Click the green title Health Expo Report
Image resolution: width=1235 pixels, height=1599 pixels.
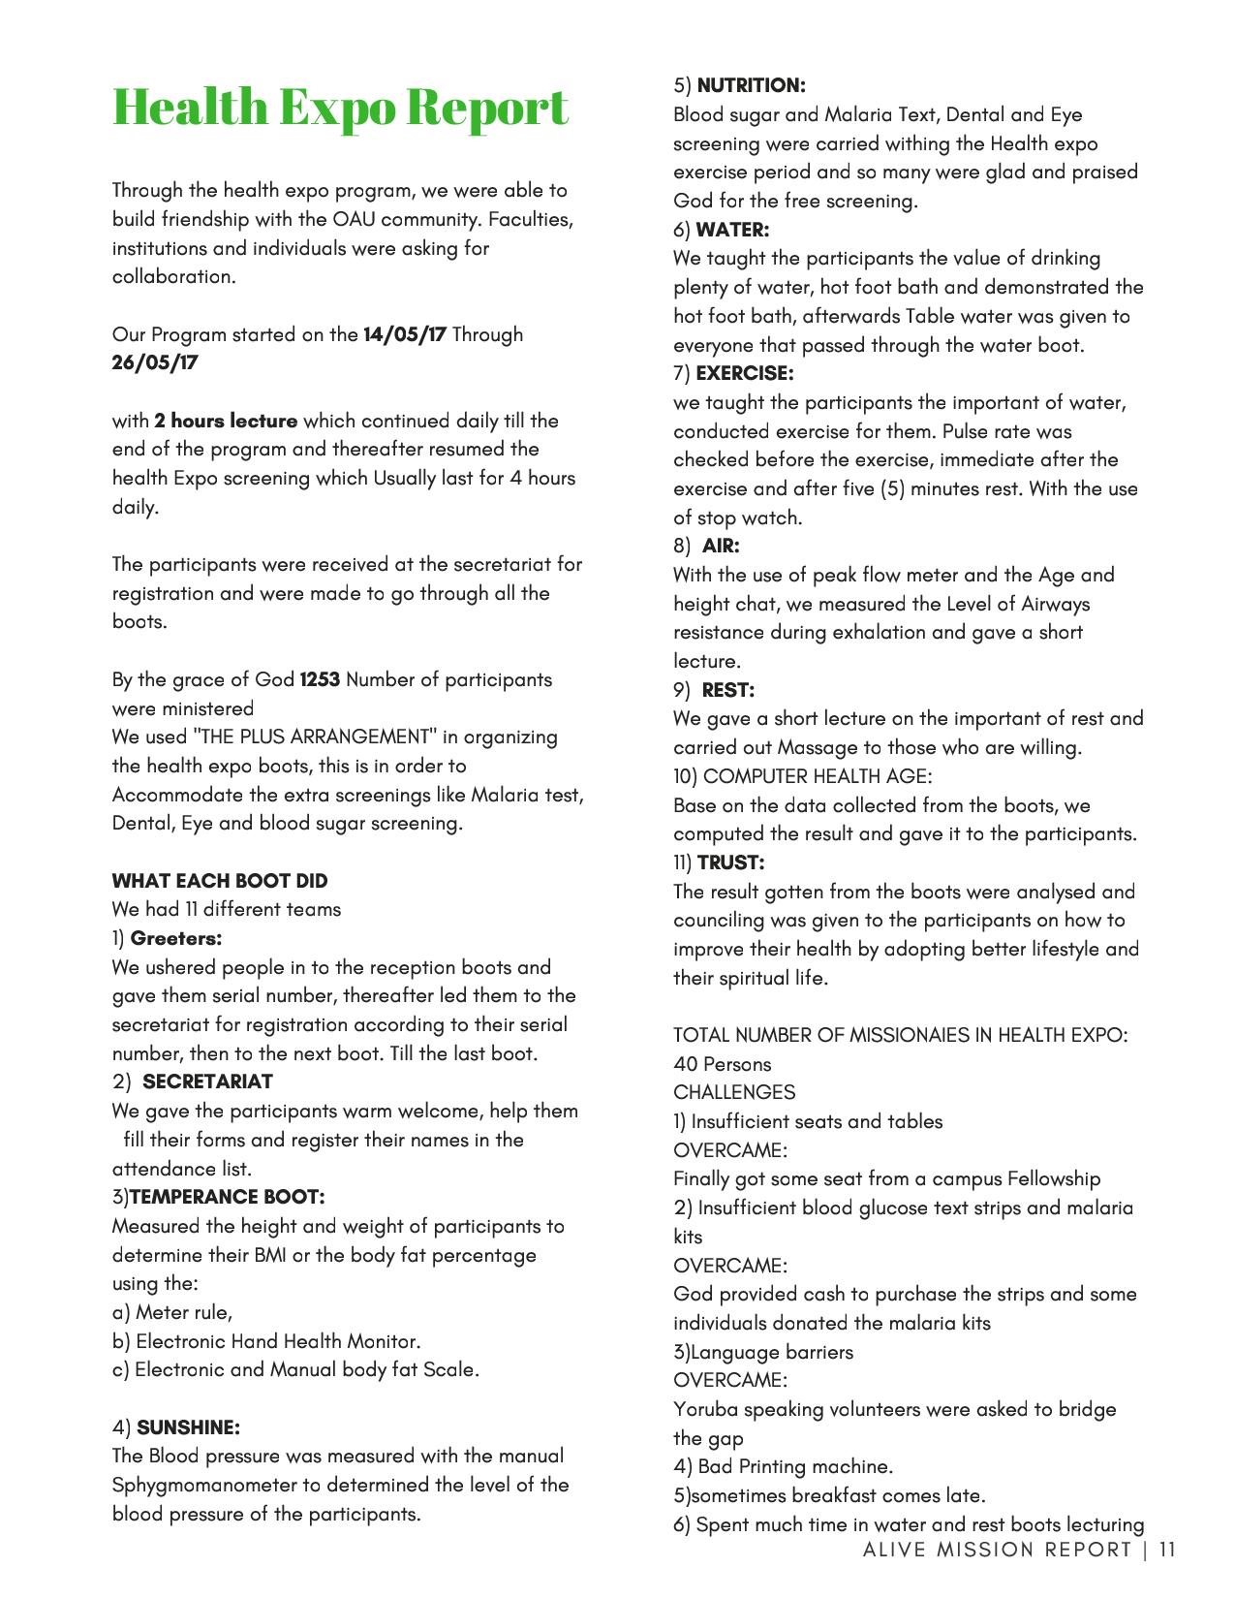pyautogui.click(x=340, y=107)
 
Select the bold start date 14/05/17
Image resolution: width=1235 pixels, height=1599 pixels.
pyautogui.click(x=404, y=334)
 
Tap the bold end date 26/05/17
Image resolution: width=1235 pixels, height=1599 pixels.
pyautogui.click(x=155, y=362)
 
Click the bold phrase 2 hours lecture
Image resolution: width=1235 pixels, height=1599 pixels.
pyautogui.click(x=226, y=421)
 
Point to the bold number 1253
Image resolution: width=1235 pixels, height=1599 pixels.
pyautogui.click(x=320, y=679)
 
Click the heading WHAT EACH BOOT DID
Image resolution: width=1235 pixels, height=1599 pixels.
pyautogui.click(x=220, y=881)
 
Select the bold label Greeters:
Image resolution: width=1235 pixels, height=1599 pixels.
pyautogui.click(x=176, y=938)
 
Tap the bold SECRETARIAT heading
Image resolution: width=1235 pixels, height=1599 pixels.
pyautogui.click(x=207, y=1082)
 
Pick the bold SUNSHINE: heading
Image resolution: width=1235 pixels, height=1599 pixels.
pyautogui.click(x=188, y=1427)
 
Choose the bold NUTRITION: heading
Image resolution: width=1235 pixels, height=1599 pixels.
pyautogui.click(x=751, y=85)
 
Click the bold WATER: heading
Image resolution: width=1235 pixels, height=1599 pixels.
pyautogui.click(x=732, y=230)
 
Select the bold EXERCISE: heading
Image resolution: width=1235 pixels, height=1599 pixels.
pyautogui.click(x=744, y=373)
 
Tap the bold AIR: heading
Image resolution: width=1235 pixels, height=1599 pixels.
pyautogui.click(x=721, y=546)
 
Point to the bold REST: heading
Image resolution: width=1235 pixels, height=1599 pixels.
pyautogui.click(x=727, y=690)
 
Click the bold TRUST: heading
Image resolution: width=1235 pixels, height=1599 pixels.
pyautogui.click(x=730, y=862)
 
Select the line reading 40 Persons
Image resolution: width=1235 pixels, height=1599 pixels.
pyautogui.click(x=723, y=1064)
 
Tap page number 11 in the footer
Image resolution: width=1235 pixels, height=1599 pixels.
pyautogui.click(x=1167, y=1549)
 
